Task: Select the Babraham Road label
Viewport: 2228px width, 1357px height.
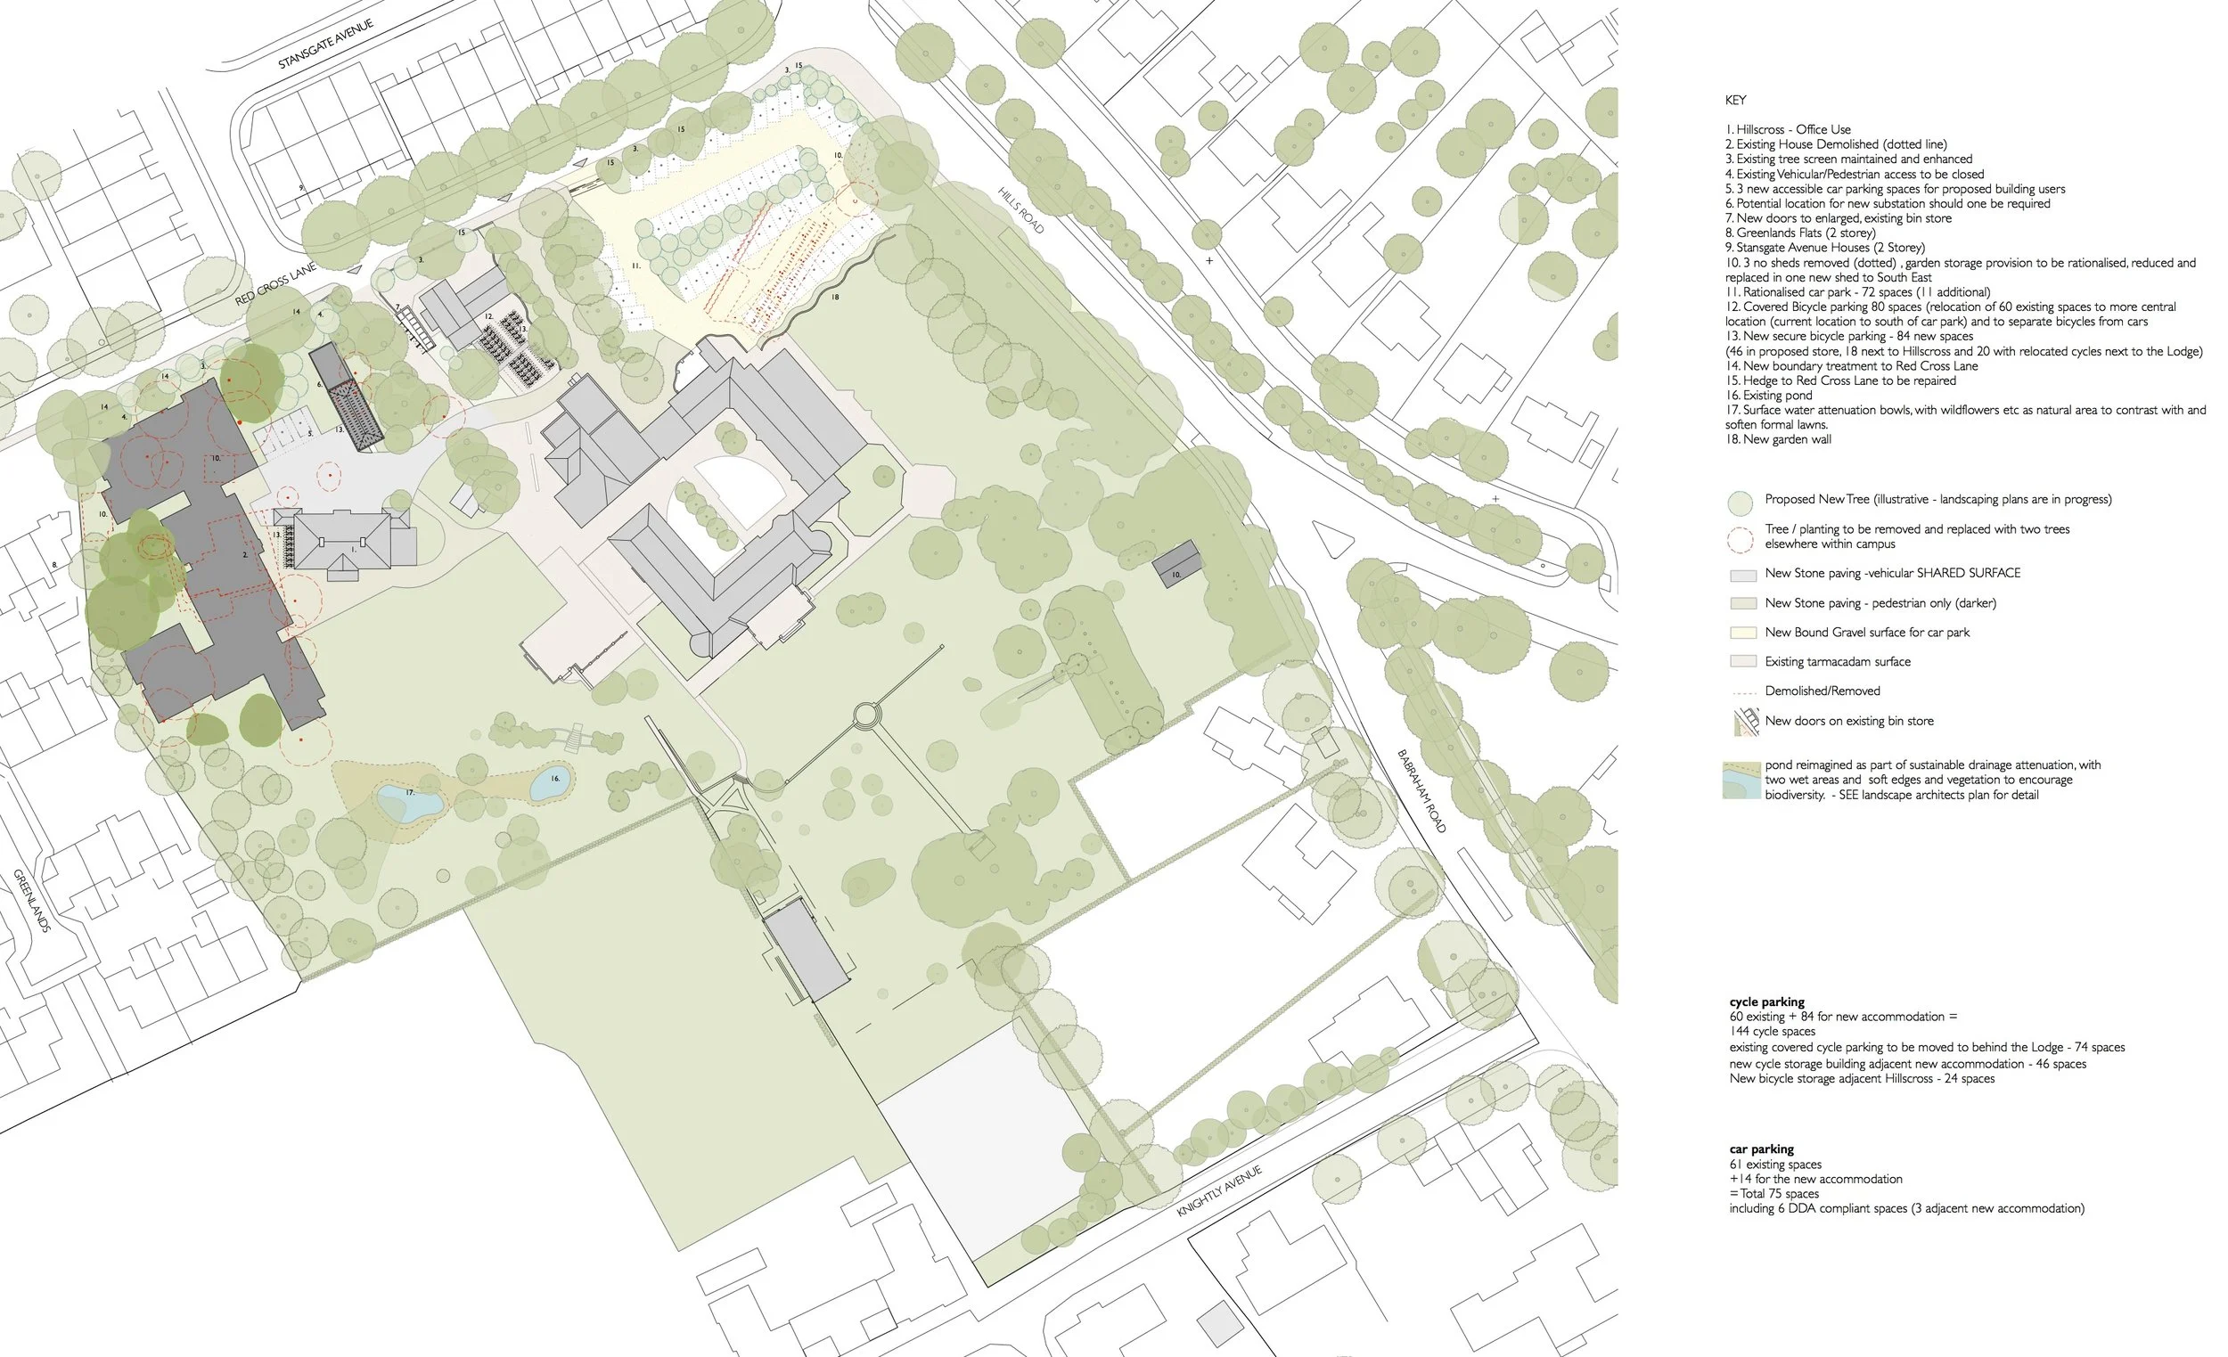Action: tap(1421, 791)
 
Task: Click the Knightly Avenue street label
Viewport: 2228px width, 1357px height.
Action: tap(1219, 1191)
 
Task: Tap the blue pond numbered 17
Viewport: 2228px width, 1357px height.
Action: tap(409, 801)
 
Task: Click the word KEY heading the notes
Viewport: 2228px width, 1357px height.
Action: tap(1735, 101)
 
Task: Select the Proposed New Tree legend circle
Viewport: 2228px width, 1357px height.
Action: tap(1741, 503)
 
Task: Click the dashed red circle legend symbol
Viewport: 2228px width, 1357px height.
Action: tap(1741, 539)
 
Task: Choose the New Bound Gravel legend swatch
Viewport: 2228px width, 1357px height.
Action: tap(1742, 633)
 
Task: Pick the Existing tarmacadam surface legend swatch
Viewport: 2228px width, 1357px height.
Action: tap(1742, 662)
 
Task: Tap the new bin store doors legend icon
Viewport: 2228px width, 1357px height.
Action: tap(1745, 722)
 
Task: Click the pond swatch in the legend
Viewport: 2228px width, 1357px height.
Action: tap(1741, 781)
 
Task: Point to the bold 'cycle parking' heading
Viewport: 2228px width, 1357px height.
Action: tap(1766, 1001)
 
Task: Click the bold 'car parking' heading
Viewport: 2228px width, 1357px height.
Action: tap(1761, 1149)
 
